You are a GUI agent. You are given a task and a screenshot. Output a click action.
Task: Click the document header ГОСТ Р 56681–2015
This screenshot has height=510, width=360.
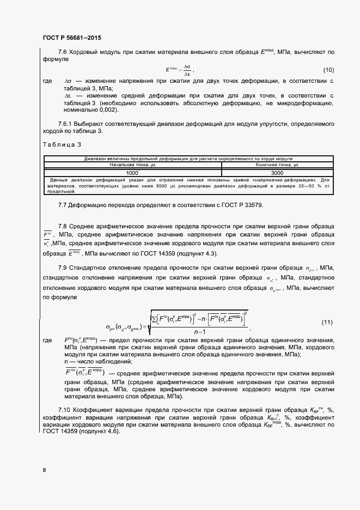[72, 38]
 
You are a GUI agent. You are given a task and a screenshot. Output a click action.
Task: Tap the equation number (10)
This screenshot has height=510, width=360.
[328, 70]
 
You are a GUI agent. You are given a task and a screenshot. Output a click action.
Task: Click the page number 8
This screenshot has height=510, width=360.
[44, 470]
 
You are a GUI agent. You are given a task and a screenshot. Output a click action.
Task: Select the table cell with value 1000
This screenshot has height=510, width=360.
[132, 172]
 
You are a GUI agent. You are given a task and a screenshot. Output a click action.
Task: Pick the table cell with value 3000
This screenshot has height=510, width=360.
[276, 172]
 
